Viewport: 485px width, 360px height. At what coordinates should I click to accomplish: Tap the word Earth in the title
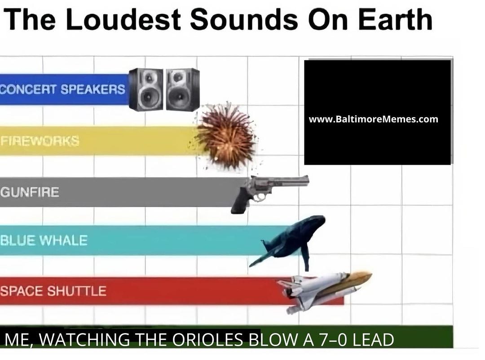395,19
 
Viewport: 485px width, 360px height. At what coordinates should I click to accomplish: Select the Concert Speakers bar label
62,89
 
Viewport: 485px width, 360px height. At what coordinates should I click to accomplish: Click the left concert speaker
146,89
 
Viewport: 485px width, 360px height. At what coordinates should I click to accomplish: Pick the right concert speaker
183,89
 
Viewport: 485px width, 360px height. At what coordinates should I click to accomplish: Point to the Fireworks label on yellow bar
40,141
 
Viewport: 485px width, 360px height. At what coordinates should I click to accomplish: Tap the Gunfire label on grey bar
30,192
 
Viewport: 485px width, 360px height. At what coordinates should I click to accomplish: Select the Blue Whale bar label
44,240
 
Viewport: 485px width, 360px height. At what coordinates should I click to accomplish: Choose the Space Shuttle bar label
53,291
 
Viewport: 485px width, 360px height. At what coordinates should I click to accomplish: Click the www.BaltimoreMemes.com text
373,119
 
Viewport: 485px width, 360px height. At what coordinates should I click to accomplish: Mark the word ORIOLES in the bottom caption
207,340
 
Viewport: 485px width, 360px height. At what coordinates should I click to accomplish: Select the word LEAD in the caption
373,340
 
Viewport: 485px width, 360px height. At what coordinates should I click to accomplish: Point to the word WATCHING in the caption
85,340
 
